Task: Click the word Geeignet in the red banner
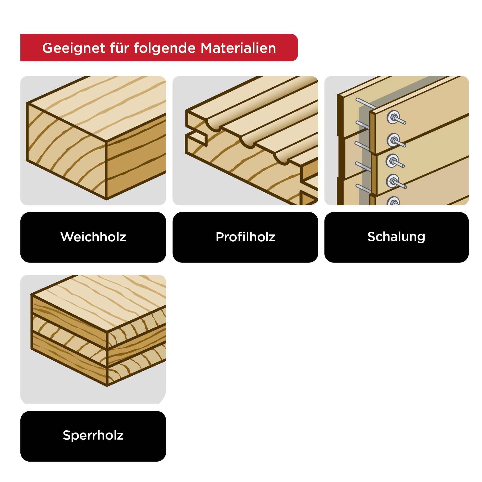[74, 48]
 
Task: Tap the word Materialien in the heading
[238, 48]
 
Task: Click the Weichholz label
[93, 237]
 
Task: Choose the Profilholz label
[245, 237]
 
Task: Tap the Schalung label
[396, 237]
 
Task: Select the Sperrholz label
[93, 435]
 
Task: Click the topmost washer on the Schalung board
[392, 116]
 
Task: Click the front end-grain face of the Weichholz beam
[65, 150]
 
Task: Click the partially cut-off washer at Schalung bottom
[393, 202]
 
